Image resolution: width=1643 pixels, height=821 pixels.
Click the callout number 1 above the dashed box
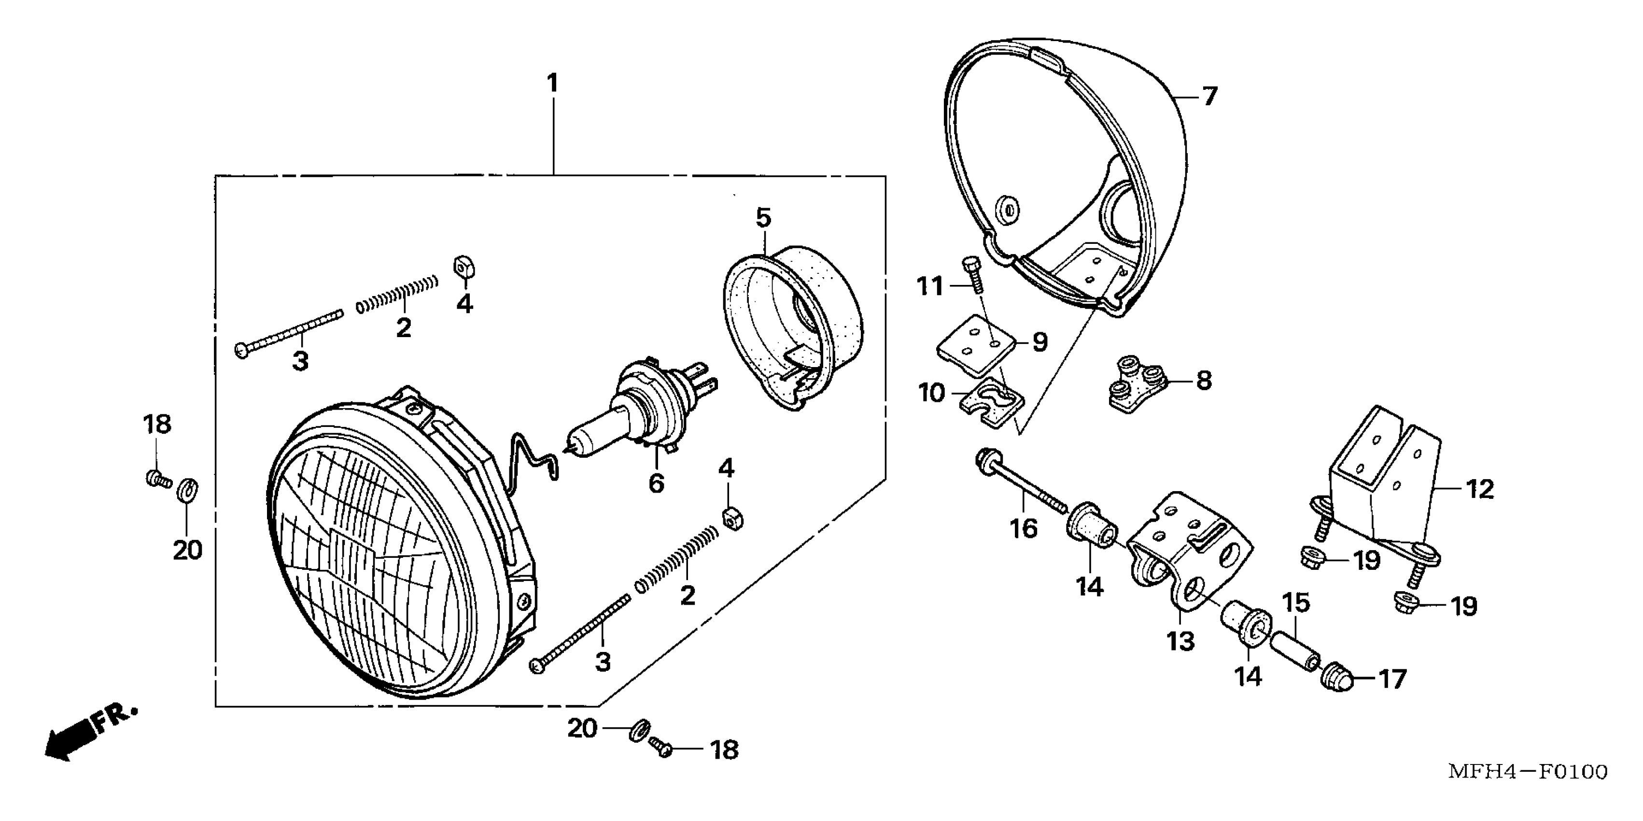[x=552, y=84]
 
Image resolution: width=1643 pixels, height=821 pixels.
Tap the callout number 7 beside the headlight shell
[x=1209, y=97]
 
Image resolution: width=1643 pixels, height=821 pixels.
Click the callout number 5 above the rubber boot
[x=763, y=218]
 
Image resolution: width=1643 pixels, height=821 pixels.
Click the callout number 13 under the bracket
[x=1180, y=641]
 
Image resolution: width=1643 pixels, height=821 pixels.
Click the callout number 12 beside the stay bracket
[x=1480, y=489]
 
